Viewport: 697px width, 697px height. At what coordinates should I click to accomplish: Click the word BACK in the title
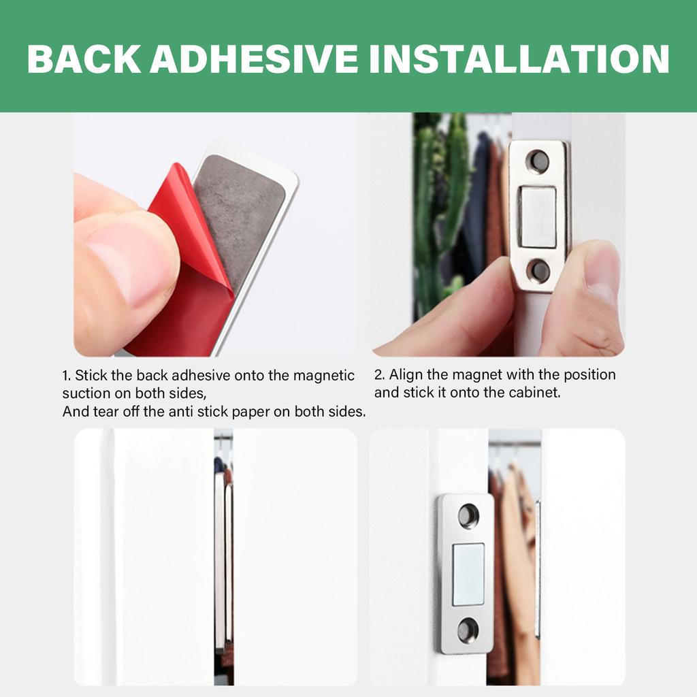pyautogui.click(x=84, y=59)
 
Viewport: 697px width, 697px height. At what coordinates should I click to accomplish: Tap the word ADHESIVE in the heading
pyautogui.click(x=253, y=59)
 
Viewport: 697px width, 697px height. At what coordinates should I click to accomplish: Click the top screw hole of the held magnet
pyautogui.click(x=538, y=161)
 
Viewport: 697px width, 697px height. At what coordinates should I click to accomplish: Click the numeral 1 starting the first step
pyautogui.click(x=66, y=376)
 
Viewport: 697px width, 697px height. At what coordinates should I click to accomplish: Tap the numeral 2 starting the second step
pyautogui.click(x=378, y=374)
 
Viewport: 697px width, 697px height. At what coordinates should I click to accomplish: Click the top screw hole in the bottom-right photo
pyautogui.click(x=468, y=515)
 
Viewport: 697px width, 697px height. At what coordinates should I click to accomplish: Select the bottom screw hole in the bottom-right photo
pyautogui.click(x=468, y=630)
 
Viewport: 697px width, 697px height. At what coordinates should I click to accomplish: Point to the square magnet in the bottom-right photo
pyautogui.click(x=468, y=573)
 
